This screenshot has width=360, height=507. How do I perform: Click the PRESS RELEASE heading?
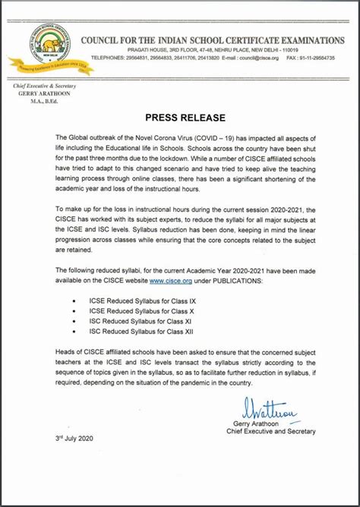pyautogui.click(x=179, y=118)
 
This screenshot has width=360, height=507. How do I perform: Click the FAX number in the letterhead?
pyautogui.click(x=322, y=58)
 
